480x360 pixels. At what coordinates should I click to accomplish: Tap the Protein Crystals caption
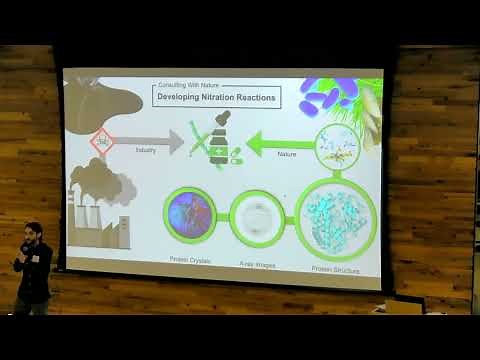tap(190, 260)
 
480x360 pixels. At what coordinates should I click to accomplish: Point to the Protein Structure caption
tap(334, 270)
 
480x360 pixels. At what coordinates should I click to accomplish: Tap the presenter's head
tap(33, 233)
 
